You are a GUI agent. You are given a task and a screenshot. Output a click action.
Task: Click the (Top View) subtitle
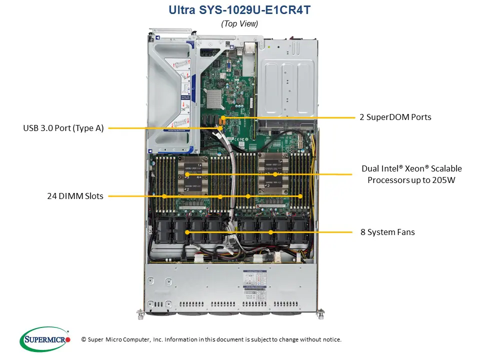click(239, 23)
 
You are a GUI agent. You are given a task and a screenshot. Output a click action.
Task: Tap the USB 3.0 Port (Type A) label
click(63, 128)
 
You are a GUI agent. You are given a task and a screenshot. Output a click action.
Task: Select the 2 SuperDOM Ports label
click(395, 117)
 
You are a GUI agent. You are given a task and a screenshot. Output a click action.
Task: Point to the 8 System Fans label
click(387, 232)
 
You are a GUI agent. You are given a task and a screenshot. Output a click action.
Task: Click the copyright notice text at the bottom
click(211, 339)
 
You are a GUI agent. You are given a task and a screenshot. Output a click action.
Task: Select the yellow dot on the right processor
click(275, 174)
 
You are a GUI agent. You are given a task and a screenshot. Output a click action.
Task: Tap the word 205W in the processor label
click(444, 180)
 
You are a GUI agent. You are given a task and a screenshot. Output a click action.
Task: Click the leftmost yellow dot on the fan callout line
click(187, 232)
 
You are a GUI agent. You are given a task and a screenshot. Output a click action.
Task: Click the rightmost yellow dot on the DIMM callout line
click(300, 196)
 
